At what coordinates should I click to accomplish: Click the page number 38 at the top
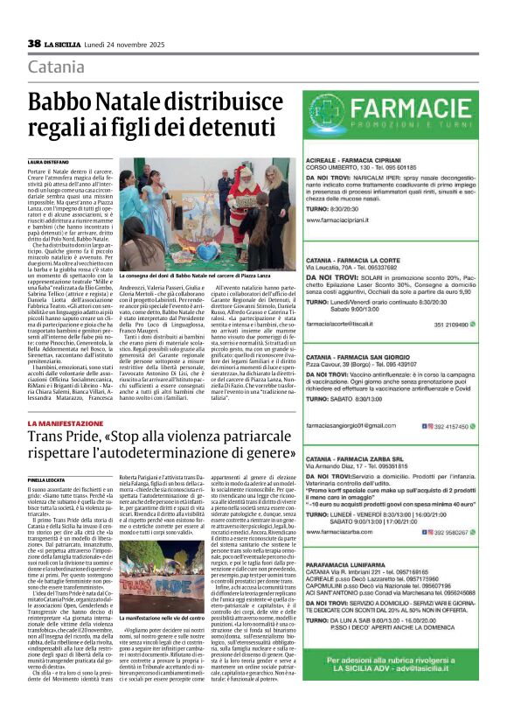(x=35, y=44)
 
